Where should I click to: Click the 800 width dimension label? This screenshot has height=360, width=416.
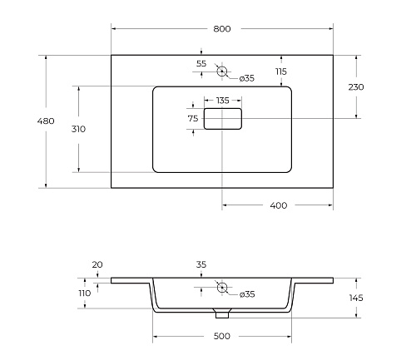[x=222, y=29]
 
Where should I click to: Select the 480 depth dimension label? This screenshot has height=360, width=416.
[x=46, y=121]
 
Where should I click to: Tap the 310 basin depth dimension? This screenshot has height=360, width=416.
[x=78, y=129]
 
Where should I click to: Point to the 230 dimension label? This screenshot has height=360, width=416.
[x=356, y=87]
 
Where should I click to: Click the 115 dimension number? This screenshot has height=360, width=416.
[x=281, y=72]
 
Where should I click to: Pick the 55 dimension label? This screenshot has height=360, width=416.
[x=201, y=63]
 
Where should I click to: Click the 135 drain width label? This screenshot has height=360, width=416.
[x=223, y=101]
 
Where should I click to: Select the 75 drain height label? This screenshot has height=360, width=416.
[x=193, y=119]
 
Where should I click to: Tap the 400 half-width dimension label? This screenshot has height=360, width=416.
[x=279, y=205]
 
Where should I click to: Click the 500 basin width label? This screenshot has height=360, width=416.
[x=222, y=336]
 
